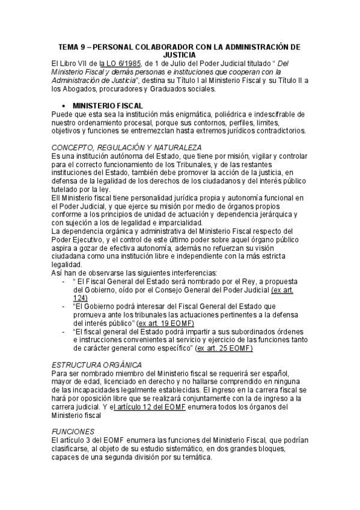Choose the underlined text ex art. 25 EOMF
pos(225,348)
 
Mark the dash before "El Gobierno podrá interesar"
pos(64,306)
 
